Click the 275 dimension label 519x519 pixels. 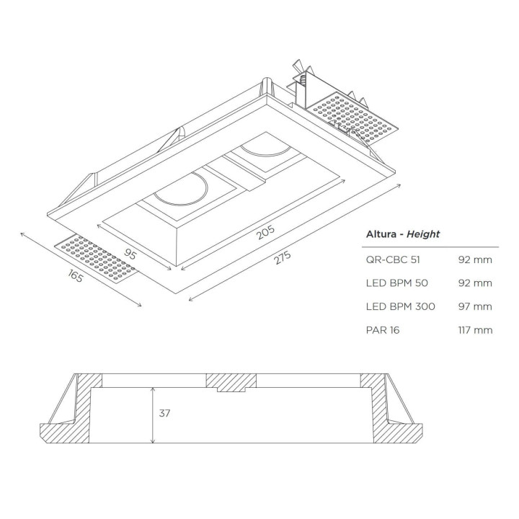283,257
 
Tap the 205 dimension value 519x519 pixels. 265,232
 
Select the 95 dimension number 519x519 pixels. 130,254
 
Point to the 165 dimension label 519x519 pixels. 75,275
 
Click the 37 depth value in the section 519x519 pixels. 164,413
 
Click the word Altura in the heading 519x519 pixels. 381,234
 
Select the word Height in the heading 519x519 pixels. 423,234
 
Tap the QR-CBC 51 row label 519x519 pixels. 393,259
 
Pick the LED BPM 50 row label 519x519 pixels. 397,283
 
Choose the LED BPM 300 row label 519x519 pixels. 401,306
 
